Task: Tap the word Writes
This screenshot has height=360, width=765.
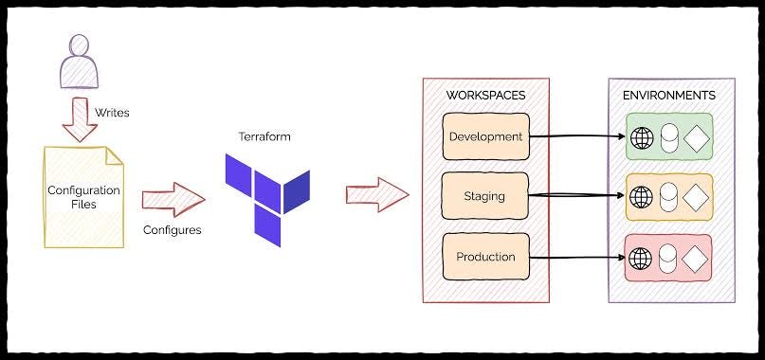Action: pos(113,113)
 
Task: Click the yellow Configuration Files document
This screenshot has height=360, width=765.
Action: pos(83,197)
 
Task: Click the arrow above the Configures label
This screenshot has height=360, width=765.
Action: pos(173,199)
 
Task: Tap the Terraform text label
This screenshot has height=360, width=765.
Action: pos(264,136)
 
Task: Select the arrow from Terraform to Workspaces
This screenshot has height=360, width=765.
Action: pos(376,194)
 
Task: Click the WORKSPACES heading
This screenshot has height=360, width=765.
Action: pos(485,96)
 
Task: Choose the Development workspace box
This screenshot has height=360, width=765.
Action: pos(485,136)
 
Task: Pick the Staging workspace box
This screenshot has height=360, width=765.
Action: pos(485,196)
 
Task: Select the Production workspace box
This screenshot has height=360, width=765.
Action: pos(485,256)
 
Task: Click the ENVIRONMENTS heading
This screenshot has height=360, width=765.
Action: pos(669,96)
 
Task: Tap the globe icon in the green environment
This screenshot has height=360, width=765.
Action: pos(642,137)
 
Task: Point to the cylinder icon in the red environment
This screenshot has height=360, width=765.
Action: pos(669,257)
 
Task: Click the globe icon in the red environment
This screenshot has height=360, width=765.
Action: pos(642,257)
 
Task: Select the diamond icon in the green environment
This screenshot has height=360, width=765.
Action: pos(697,137)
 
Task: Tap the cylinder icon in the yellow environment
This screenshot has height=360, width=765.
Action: pos(669,197)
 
